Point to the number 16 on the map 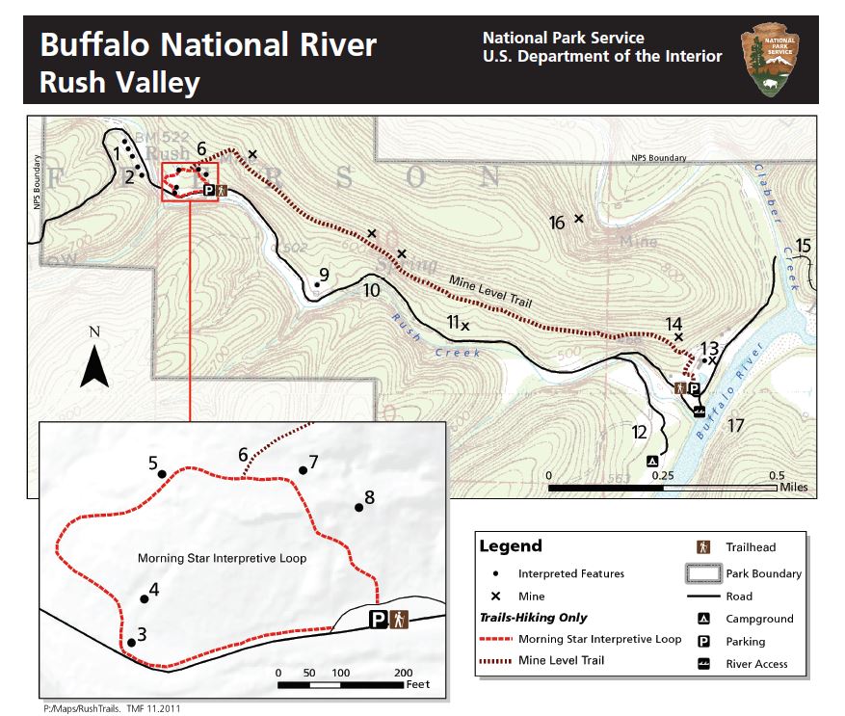point(557,224)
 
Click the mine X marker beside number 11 point(465,326)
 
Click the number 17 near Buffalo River point(736,425)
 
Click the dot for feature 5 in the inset point(162,473)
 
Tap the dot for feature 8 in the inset point(358,507)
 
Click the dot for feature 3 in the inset point(131,643)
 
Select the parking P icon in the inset point(379,620)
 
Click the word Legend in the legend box point(511,546)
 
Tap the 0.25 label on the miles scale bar point(662,475)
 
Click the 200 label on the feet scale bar point(404,672)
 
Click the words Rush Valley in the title point(119,81)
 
